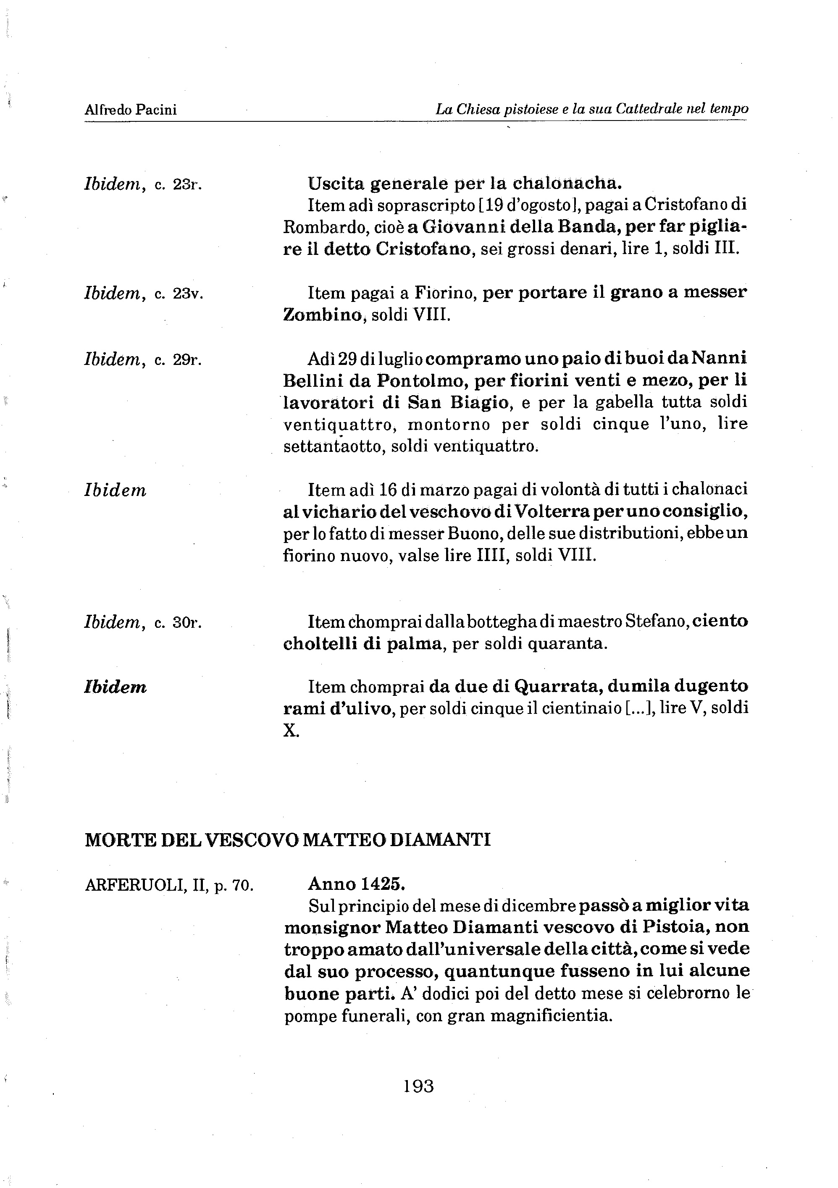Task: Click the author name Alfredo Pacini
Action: [x=131, y=110]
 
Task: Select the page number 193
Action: [x=418, y=1086]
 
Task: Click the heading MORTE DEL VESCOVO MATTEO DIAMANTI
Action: [x=287, y=839]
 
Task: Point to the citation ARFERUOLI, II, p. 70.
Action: [x=169, y=885]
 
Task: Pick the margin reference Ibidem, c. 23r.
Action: [x=143, y=184]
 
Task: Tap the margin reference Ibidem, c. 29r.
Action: [x=143, y=359]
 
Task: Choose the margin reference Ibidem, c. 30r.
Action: [x=143, y=622]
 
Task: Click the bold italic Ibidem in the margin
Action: [x=115, y=687]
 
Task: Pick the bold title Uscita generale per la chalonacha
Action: [x=464, y=183]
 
